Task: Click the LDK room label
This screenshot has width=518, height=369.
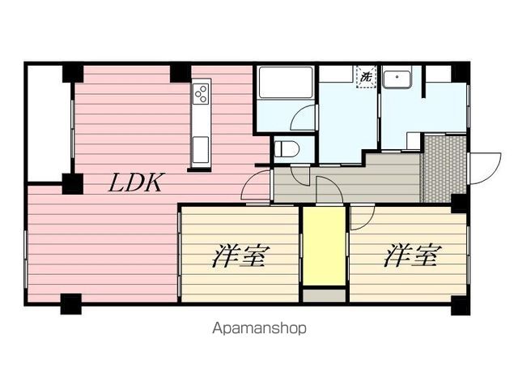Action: point(135,182)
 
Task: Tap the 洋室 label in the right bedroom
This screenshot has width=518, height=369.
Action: point(412,255)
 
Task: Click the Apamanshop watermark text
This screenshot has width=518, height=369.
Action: point(259,328)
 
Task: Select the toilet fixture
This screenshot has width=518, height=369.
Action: point(287,148)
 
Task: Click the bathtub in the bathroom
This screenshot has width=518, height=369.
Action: point(286,83)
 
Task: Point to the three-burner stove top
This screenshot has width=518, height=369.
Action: point(202,93)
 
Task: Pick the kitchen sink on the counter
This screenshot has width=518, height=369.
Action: point(201,150)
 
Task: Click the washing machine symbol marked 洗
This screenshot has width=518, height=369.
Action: point(366,77)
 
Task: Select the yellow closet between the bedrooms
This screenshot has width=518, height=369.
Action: point(325,246)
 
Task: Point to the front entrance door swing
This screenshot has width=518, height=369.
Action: point(485,168)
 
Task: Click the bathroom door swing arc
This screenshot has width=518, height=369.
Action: point(303,118)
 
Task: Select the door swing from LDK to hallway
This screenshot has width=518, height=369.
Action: point(256,185)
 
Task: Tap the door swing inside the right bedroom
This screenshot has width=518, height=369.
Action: point(363,217)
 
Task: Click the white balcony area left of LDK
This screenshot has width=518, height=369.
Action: point(49,123)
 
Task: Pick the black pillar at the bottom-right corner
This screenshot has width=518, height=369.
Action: point(461,306)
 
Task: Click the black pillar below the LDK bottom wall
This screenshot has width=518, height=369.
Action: point(71,304)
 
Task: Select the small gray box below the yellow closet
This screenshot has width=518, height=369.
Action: point(325,295)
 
